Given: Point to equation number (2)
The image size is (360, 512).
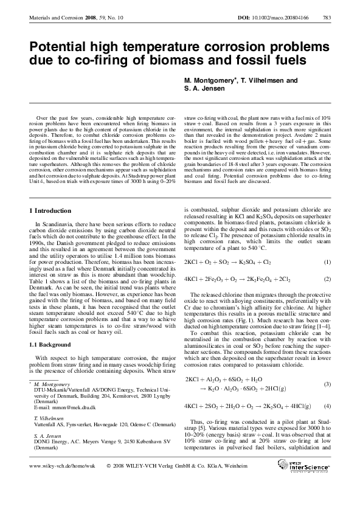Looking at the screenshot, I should click(x=327, y=278).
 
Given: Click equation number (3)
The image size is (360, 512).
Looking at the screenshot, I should click(x=327, y=384).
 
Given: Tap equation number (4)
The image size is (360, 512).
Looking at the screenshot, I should click(x=327, y=406).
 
